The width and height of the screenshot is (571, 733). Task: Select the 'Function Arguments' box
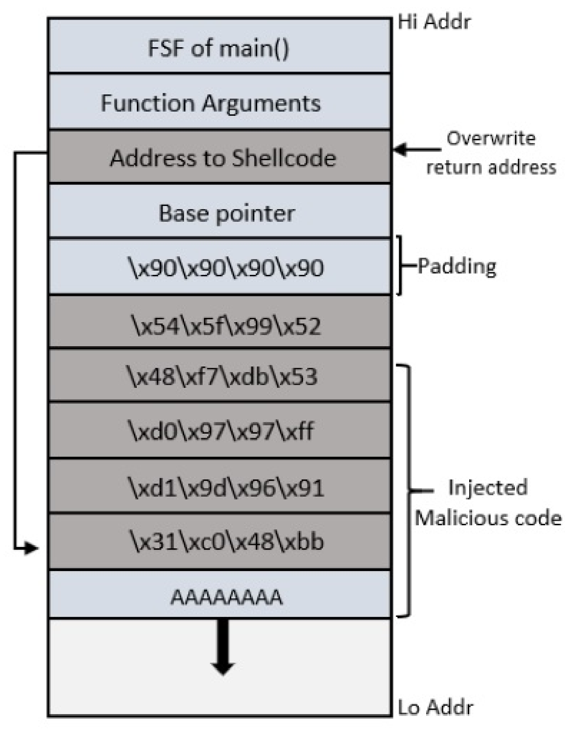click(219, 102)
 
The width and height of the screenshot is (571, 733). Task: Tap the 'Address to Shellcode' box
click(219, 157)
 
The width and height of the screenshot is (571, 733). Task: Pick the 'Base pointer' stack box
click(219, 212)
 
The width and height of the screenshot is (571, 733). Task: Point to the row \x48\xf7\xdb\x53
click(219, 376)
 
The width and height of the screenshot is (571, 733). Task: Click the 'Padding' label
click(457, 266)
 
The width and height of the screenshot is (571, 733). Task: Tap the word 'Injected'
click(487, 488)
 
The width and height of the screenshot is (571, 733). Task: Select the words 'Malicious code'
click(488, 518)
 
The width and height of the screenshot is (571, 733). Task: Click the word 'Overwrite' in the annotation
click(491, 138)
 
